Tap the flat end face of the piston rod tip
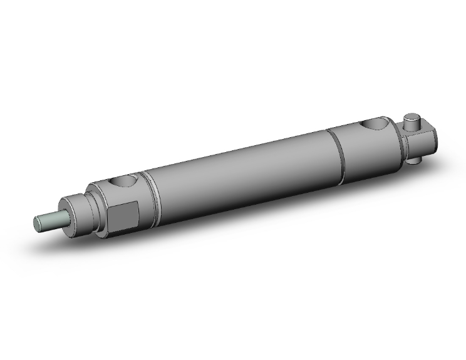(x=37, y=223)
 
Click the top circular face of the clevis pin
(x=412, y=116)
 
